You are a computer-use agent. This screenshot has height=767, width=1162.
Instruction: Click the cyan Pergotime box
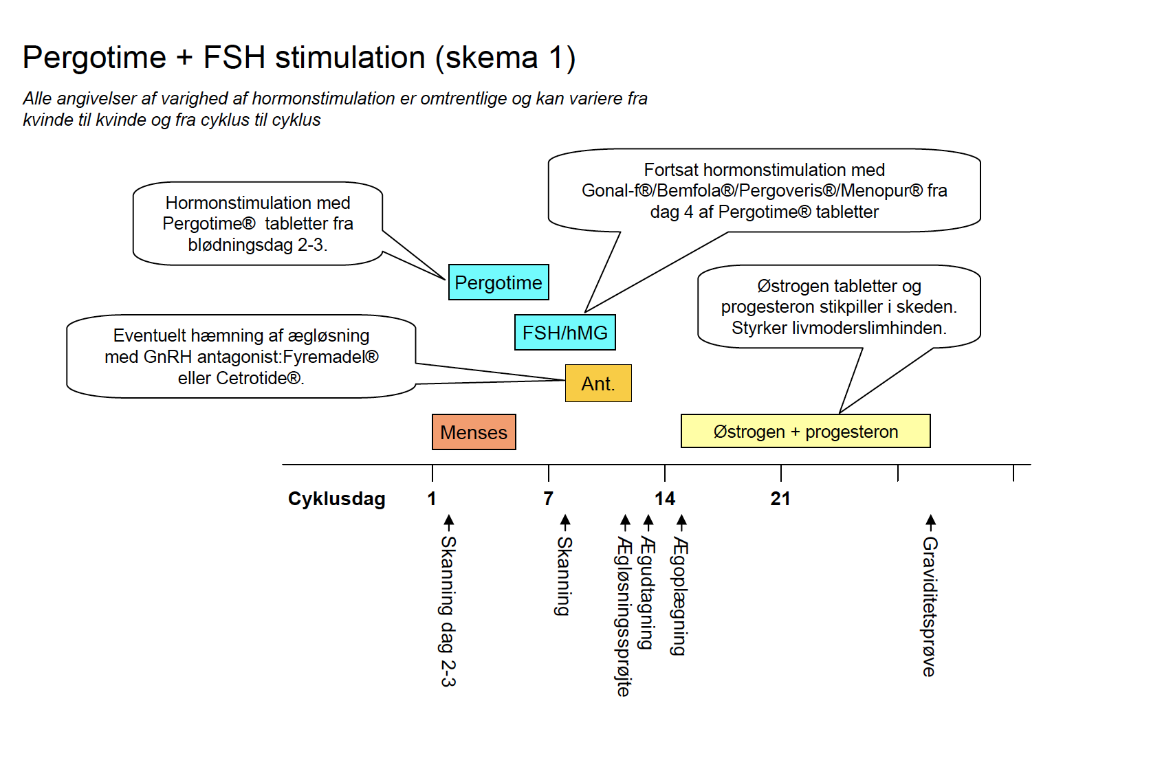(498, 282)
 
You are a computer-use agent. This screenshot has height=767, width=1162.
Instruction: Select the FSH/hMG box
(565, 333)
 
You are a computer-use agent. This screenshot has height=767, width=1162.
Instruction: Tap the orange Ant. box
(598, 383)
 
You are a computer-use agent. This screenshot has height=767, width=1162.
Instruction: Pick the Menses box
(474, 432)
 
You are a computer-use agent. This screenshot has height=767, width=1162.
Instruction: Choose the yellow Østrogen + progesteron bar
(806, 431)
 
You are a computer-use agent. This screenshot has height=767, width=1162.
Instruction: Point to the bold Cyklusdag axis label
(337, 499)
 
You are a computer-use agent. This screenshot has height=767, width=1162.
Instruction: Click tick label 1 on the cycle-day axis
(432, 499)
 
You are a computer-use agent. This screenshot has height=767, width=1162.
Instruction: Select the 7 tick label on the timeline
(548, 499)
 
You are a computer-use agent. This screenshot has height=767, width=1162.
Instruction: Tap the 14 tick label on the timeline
(664, 499)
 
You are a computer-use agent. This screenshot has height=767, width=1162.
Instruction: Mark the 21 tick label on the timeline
(780, 499)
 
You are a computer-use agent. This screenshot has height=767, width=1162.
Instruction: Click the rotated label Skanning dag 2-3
(448, 612)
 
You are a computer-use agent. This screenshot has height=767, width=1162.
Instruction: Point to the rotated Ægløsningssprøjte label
(624, 616)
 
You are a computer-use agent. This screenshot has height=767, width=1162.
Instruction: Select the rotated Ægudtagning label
(647, 592)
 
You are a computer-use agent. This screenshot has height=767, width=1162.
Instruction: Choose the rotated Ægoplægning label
(679, 597)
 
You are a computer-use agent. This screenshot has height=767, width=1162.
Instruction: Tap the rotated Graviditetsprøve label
(930, 607)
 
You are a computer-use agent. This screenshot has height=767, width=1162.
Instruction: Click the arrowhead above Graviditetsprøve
(931, 520)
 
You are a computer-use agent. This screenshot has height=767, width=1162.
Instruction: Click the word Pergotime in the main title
(94, 57)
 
